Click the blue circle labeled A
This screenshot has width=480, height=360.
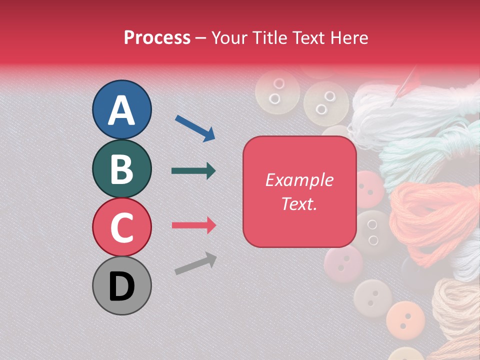pos(121,109)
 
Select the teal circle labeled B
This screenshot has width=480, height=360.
pos(121,168)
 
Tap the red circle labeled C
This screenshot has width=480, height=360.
pos(121,227)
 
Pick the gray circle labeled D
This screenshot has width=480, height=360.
pos(121,285)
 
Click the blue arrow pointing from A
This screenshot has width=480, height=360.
pos(195,128)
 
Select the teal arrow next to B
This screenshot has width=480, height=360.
pos(193,171)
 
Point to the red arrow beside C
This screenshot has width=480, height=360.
pos(193,225)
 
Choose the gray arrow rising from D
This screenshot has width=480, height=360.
pos(195,263)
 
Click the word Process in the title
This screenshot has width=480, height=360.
pos(157,37)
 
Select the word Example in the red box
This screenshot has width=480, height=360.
pos(299,180)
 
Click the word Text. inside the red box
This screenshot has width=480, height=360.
pos(299,203)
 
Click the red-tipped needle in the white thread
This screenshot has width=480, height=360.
pos(403,87)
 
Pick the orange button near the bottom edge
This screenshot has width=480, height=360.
pos(405,317)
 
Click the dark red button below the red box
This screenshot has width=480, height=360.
pos(343,263)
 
